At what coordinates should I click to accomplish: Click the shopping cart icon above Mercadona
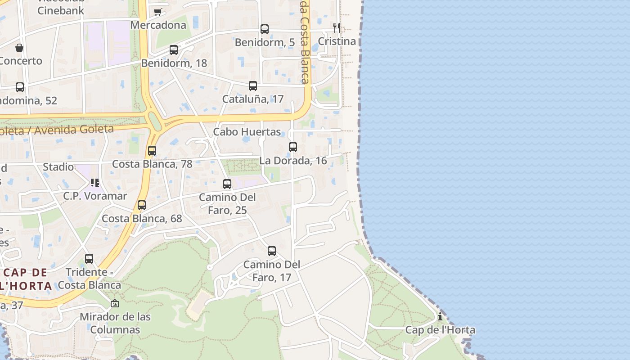[x=157, y=12]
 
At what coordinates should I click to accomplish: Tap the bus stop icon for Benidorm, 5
[x=265, y=29]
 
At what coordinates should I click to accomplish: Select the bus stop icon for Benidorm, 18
[x=174, y=50]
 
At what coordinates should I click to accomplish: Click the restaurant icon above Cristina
[x=337, y=27]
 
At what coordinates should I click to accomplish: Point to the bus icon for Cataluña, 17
[x=253, y=86]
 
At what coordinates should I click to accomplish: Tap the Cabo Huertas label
[x=247, y=132]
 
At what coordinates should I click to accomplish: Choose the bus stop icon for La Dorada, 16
[x=293, y=147]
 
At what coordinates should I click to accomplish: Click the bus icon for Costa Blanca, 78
[x=152, y=151]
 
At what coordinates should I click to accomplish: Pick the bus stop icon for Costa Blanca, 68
[x=142, y=205]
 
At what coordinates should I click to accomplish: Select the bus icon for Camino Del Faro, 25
[x=227, y=184]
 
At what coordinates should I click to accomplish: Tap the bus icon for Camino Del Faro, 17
[x=272, y=251]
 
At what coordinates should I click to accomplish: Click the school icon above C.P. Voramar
[x=94, y=183]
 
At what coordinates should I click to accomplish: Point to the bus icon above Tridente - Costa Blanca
[x=89, y=259]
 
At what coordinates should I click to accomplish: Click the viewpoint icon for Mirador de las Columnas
[x=115, y=304]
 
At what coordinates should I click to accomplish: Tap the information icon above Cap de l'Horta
[x=440, y=317]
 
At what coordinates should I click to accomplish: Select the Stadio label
[x=58, y=167]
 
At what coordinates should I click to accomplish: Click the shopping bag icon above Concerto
[x=19, y=48]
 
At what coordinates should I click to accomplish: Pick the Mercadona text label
[x=158, y=25]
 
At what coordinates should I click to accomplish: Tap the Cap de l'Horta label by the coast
[x=440, y=330]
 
